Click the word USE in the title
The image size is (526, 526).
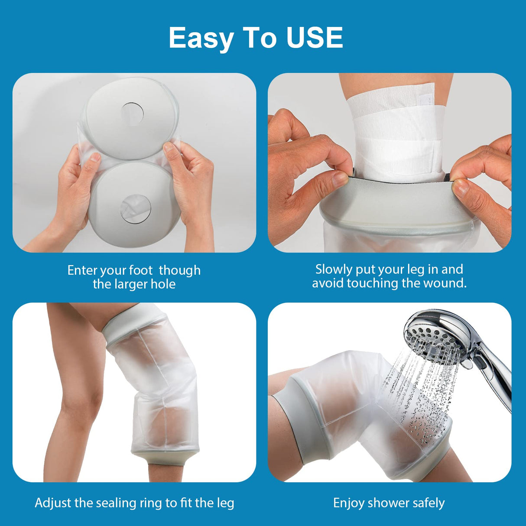(314, 38)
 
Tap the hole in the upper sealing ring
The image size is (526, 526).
(132, 113)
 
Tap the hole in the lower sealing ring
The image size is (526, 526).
(136, 209)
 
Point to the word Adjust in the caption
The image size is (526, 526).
(53, 503)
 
